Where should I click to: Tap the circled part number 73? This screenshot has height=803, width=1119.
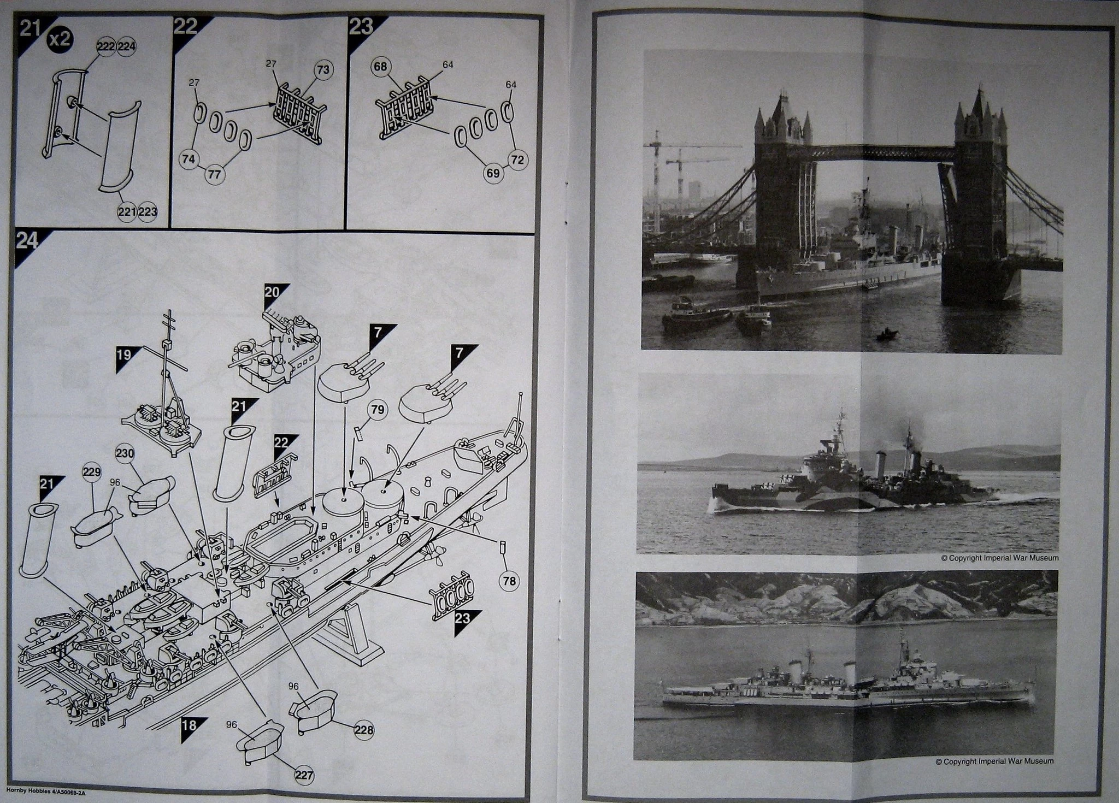pos(323,69)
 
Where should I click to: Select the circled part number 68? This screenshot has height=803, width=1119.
pos(381,67)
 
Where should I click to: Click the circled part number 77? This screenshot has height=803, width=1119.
pos(214,175)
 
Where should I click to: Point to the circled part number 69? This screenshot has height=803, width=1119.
pos(493,174)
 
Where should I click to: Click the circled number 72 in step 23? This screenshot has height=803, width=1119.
pos(518,160)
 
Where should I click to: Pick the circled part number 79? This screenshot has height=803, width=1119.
pos(378,410)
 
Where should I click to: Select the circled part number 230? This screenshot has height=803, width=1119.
pos(125,454)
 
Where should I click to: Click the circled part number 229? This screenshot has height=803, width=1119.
pos(92,473)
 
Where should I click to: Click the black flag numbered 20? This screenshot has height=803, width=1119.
pos(272,293)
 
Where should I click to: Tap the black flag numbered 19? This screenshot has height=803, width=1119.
pos(125,356)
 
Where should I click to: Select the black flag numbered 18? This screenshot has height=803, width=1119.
pos(190,726)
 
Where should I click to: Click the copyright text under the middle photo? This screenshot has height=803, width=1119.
pos(999,558)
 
